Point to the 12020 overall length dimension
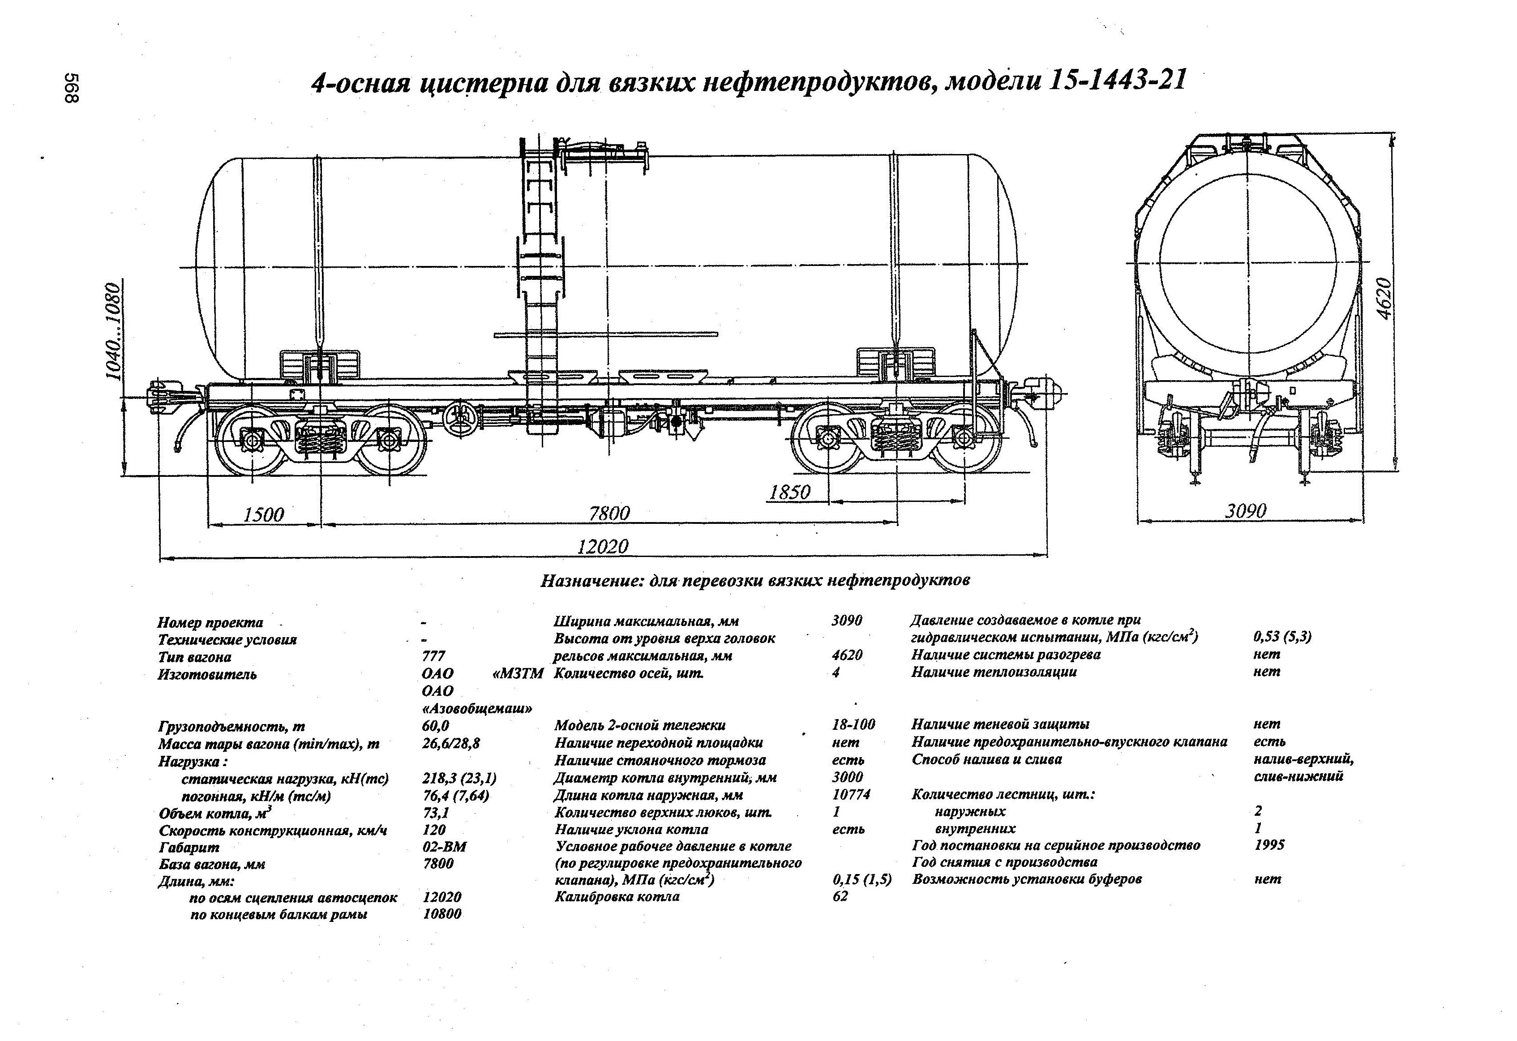pyautogui.click(x=603, y=546)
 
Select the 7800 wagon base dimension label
pyautogui.click(x=609, y=514)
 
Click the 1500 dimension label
pyautogui.click(x=264, y=515)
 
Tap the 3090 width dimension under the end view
pyautogui.click(x=1246, y=511)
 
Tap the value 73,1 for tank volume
pyautogui.click(x=436, y=813)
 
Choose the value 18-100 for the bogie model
pyautogui.click(x=853, y=724)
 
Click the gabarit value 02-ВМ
pyautogui.click(x=445, y=847)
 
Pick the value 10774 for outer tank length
pyautogui.click(x=851, y=795)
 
